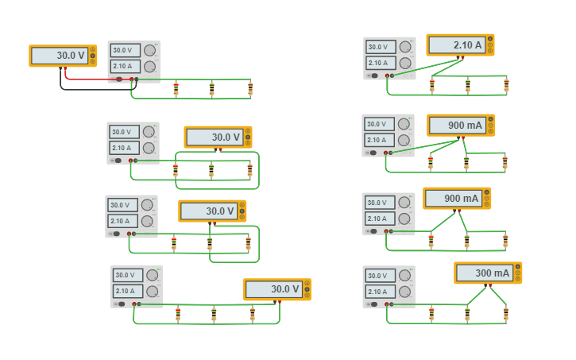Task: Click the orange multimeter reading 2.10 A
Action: point(459,45)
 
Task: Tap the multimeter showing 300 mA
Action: point(487,273)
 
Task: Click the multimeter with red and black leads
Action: point(63,56)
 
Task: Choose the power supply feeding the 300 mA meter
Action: point(389,286)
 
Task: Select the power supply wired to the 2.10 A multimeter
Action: point(389,58)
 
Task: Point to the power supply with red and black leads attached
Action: point(133,61)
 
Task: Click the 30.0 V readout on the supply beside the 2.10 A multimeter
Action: point(378,47)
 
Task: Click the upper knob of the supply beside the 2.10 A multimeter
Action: point(405,47)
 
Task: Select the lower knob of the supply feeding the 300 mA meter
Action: point(405,292)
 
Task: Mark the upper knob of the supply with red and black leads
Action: point(149,50)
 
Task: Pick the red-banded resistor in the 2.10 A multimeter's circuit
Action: point(432,85)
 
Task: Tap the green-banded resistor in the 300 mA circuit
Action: point(467,315)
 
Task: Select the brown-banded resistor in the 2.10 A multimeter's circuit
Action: point(506,85)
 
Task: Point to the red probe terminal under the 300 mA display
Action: point(491,285)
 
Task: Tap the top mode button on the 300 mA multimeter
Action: point(518,267)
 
